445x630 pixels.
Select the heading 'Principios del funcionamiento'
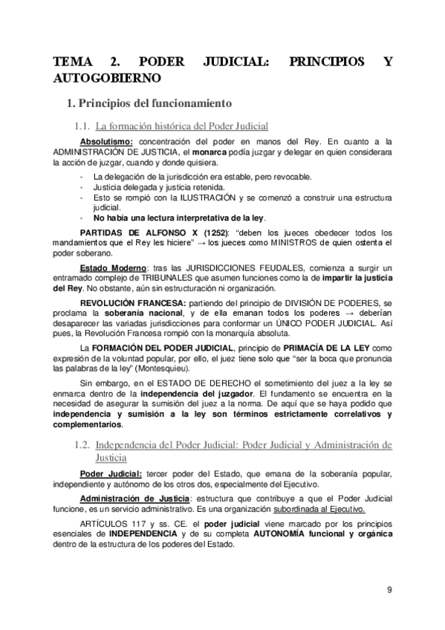155,102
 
